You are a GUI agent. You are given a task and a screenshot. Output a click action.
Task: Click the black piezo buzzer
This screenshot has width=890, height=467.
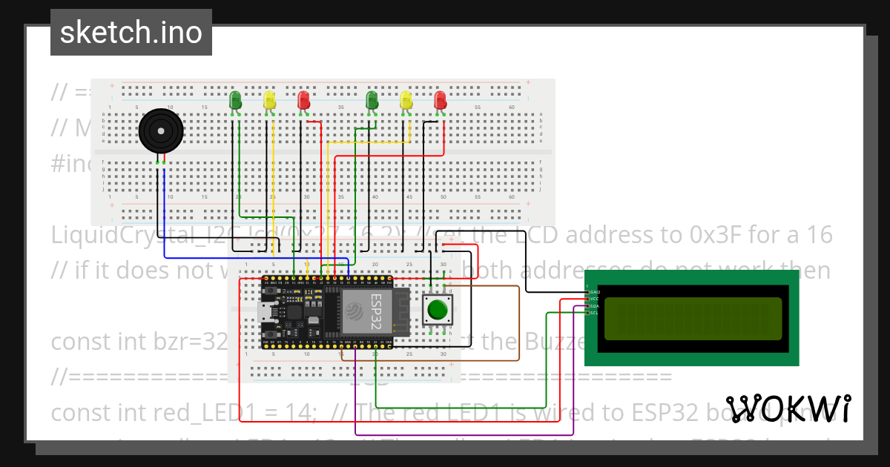tap(160, 132)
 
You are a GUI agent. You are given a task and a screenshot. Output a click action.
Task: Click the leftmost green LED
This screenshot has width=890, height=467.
tap(235, 99)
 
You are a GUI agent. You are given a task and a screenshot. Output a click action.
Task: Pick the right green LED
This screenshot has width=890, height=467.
tap(372, 99)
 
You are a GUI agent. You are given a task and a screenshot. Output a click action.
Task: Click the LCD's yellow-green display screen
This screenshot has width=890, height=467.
tap(693, 318)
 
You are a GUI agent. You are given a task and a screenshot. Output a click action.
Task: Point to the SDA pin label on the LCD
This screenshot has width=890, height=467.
tap(594, 306)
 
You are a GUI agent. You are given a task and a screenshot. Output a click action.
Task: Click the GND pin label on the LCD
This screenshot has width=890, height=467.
tap(594, 293)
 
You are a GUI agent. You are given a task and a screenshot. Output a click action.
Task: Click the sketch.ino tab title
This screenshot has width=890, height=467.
tap(131, 33)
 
